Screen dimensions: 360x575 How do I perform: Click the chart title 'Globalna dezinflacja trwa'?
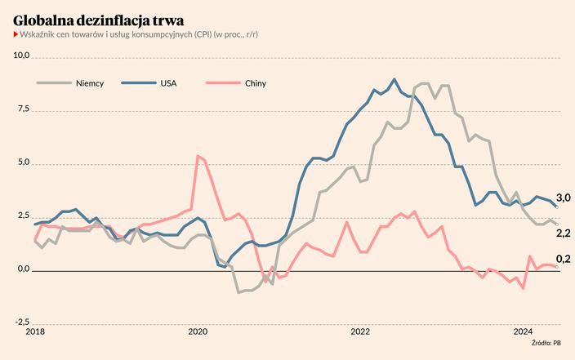click(99, 18)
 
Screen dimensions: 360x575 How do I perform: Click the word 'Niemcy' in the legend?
click(90, 83)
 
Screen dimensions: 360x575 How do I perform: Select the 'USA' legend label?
click(169, 83)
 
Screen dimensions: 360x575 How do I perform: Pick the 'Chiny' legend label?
click(255, 83)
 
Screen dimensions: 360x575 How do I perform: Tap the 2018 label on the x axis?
click(35, 332)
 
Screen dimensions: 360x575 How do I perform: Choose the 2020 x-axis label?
click(198, 332)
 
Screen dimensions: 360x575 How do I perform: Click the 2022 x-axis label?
click(361, 332)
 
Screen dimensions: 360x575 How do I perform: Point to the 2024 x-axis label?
click(524, 332)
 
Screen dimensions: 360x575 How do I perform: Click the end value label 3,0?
click(564, 198)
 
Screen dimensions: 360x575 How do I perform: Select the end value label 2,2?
click(564, 233)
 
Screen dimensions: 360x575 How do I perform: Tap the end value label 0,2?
click(564, 260)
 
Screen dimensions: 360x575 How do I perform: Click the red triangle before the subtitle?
click(16, 34)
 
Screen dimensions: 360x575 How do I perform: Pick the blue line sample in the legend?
click(135, 83)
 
